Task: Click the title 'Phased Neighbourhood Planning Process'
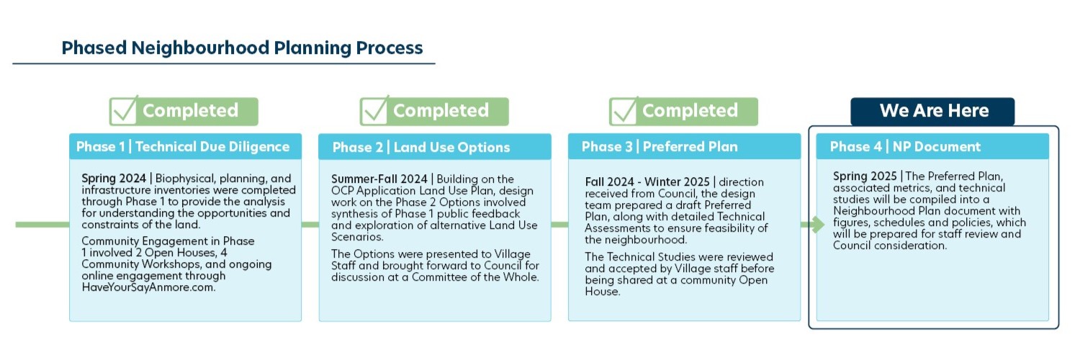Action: [242, 48]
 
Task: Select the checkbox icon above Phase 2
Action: [374, 110]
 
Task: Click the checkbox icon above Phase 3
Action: [624, 110]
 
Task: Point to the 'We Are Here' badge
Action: [932, 112]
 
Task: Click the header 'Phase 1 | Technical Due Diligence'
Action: [183, 146]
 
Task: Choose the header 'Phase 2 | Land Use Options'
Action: [421, 147]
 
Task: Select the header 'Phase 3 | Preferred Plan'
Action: [660, 146]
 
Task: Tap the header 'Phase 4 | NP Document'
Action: [905, 146]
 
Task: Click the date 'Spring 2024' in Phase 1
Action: [114, 179]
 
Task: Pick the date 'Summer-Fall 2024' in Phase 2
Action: [379, 179]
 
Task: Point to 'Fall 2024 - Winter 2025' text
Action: [647, 182]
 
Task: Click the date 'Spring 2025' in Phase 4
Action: [865, 176]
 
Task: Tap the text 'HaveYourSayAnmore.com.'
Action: [148, 287]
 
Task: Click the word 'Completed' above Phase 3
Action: [690, 111]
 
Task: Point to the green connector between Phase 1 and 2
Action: [310, 225]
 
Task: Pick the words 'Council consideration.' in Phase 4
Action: [890, 246]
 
